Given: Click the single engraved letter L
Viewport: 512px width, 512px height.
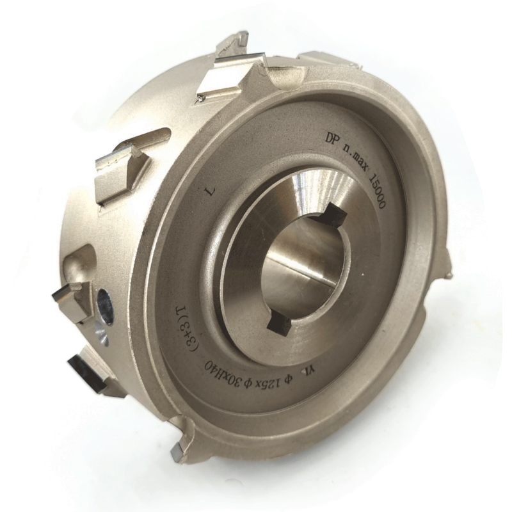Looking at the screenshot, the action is point(211,191).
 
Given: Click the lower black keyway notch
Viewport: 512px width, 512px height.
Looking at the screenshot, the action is point(278,324).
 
